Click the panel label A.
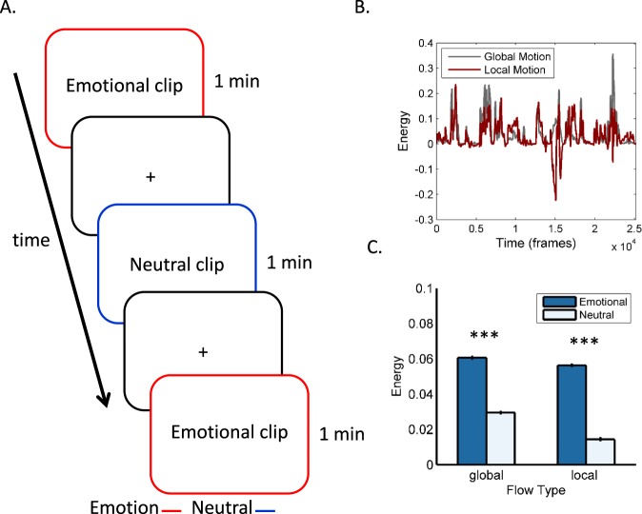point(11,10)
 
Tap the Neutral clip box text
point(176,261)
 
